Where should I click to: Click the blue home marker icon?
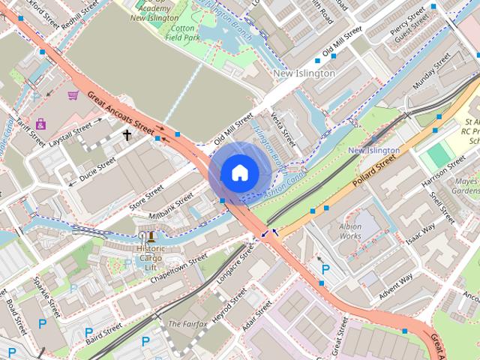239,172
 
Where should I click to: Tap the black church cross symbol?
127,135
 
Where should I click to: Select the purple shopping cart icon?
73,95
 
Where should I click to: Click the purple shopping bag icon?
40,123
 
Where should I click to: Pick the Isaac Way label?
420,235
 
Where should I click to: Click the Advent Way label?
395,287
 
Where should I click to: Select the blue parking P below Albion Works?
325,268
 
